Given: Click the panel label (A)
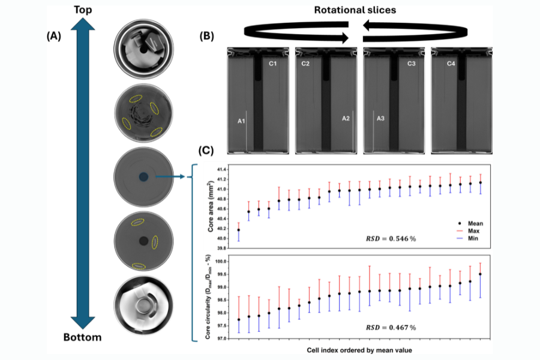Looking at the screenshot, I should (53, 36).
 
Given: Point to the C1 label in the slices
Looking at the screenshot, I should (272, 64).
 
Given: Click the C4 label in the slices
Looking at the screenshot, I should (451, 64).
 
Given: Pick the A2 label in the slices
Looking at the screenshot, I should (346, 118).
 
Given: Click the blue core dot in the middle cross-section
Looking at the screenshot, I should (143, 176).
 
